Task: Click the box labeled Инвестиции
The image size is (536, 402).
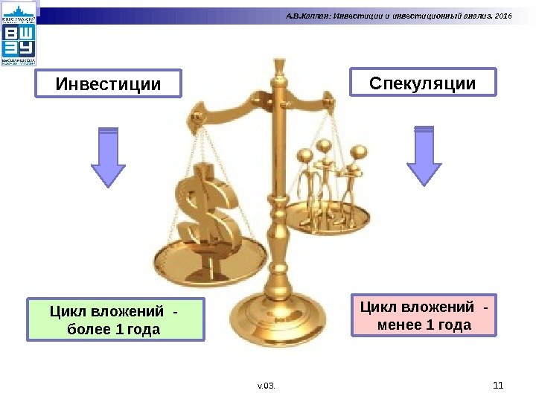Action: click(x=108, y=84)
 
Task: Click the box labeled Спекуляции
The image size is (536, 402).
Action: click(x=422, y=83)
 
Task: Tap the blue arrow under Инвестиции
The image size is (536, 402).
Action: click(x=108, y=156)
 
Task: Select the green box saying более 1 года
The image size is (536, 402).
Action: click(x=115, y=319)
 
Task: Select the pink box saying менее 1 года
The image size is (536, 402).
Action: click(x=424, y=316)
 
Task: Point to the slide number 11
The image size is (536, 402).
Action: click(x=499, y=385)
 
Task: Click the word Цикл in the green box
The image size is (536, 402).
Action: click(x=68, y=310)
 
